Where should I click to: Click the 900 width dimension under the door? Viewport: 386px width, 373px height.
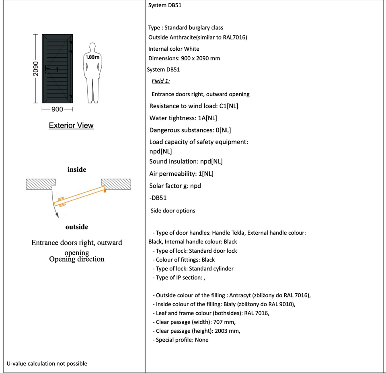coord(57,109)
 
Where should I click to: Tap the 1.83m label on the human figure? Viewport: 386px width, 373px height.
coord(92,58)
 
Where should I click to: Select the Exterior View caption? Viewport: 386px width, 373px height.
coord(71,126)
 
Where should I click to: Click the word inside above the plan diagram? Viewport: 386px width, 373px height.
coord(77,169)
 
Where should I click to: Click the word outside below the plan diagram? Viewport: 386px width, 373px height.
coord(77,227)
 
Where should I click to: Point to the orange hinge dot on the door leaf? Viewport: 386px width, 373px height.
coord(105,191)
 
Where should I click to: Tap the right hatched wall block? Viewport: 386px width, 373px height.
coord(117,184)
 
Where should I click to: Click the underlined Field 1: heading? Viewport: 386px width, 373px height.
coord(161,81)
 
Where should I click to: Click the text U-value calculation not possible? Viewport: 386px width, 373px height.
coord(47,364)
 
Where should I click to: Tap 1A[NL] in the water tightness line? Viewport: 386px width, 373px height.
coord(207,118)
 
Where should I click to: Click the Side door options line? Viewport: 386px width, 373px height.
coord(173,211)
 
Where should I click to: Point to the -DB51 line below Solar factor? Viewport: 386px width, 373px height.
coord(158,198)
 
